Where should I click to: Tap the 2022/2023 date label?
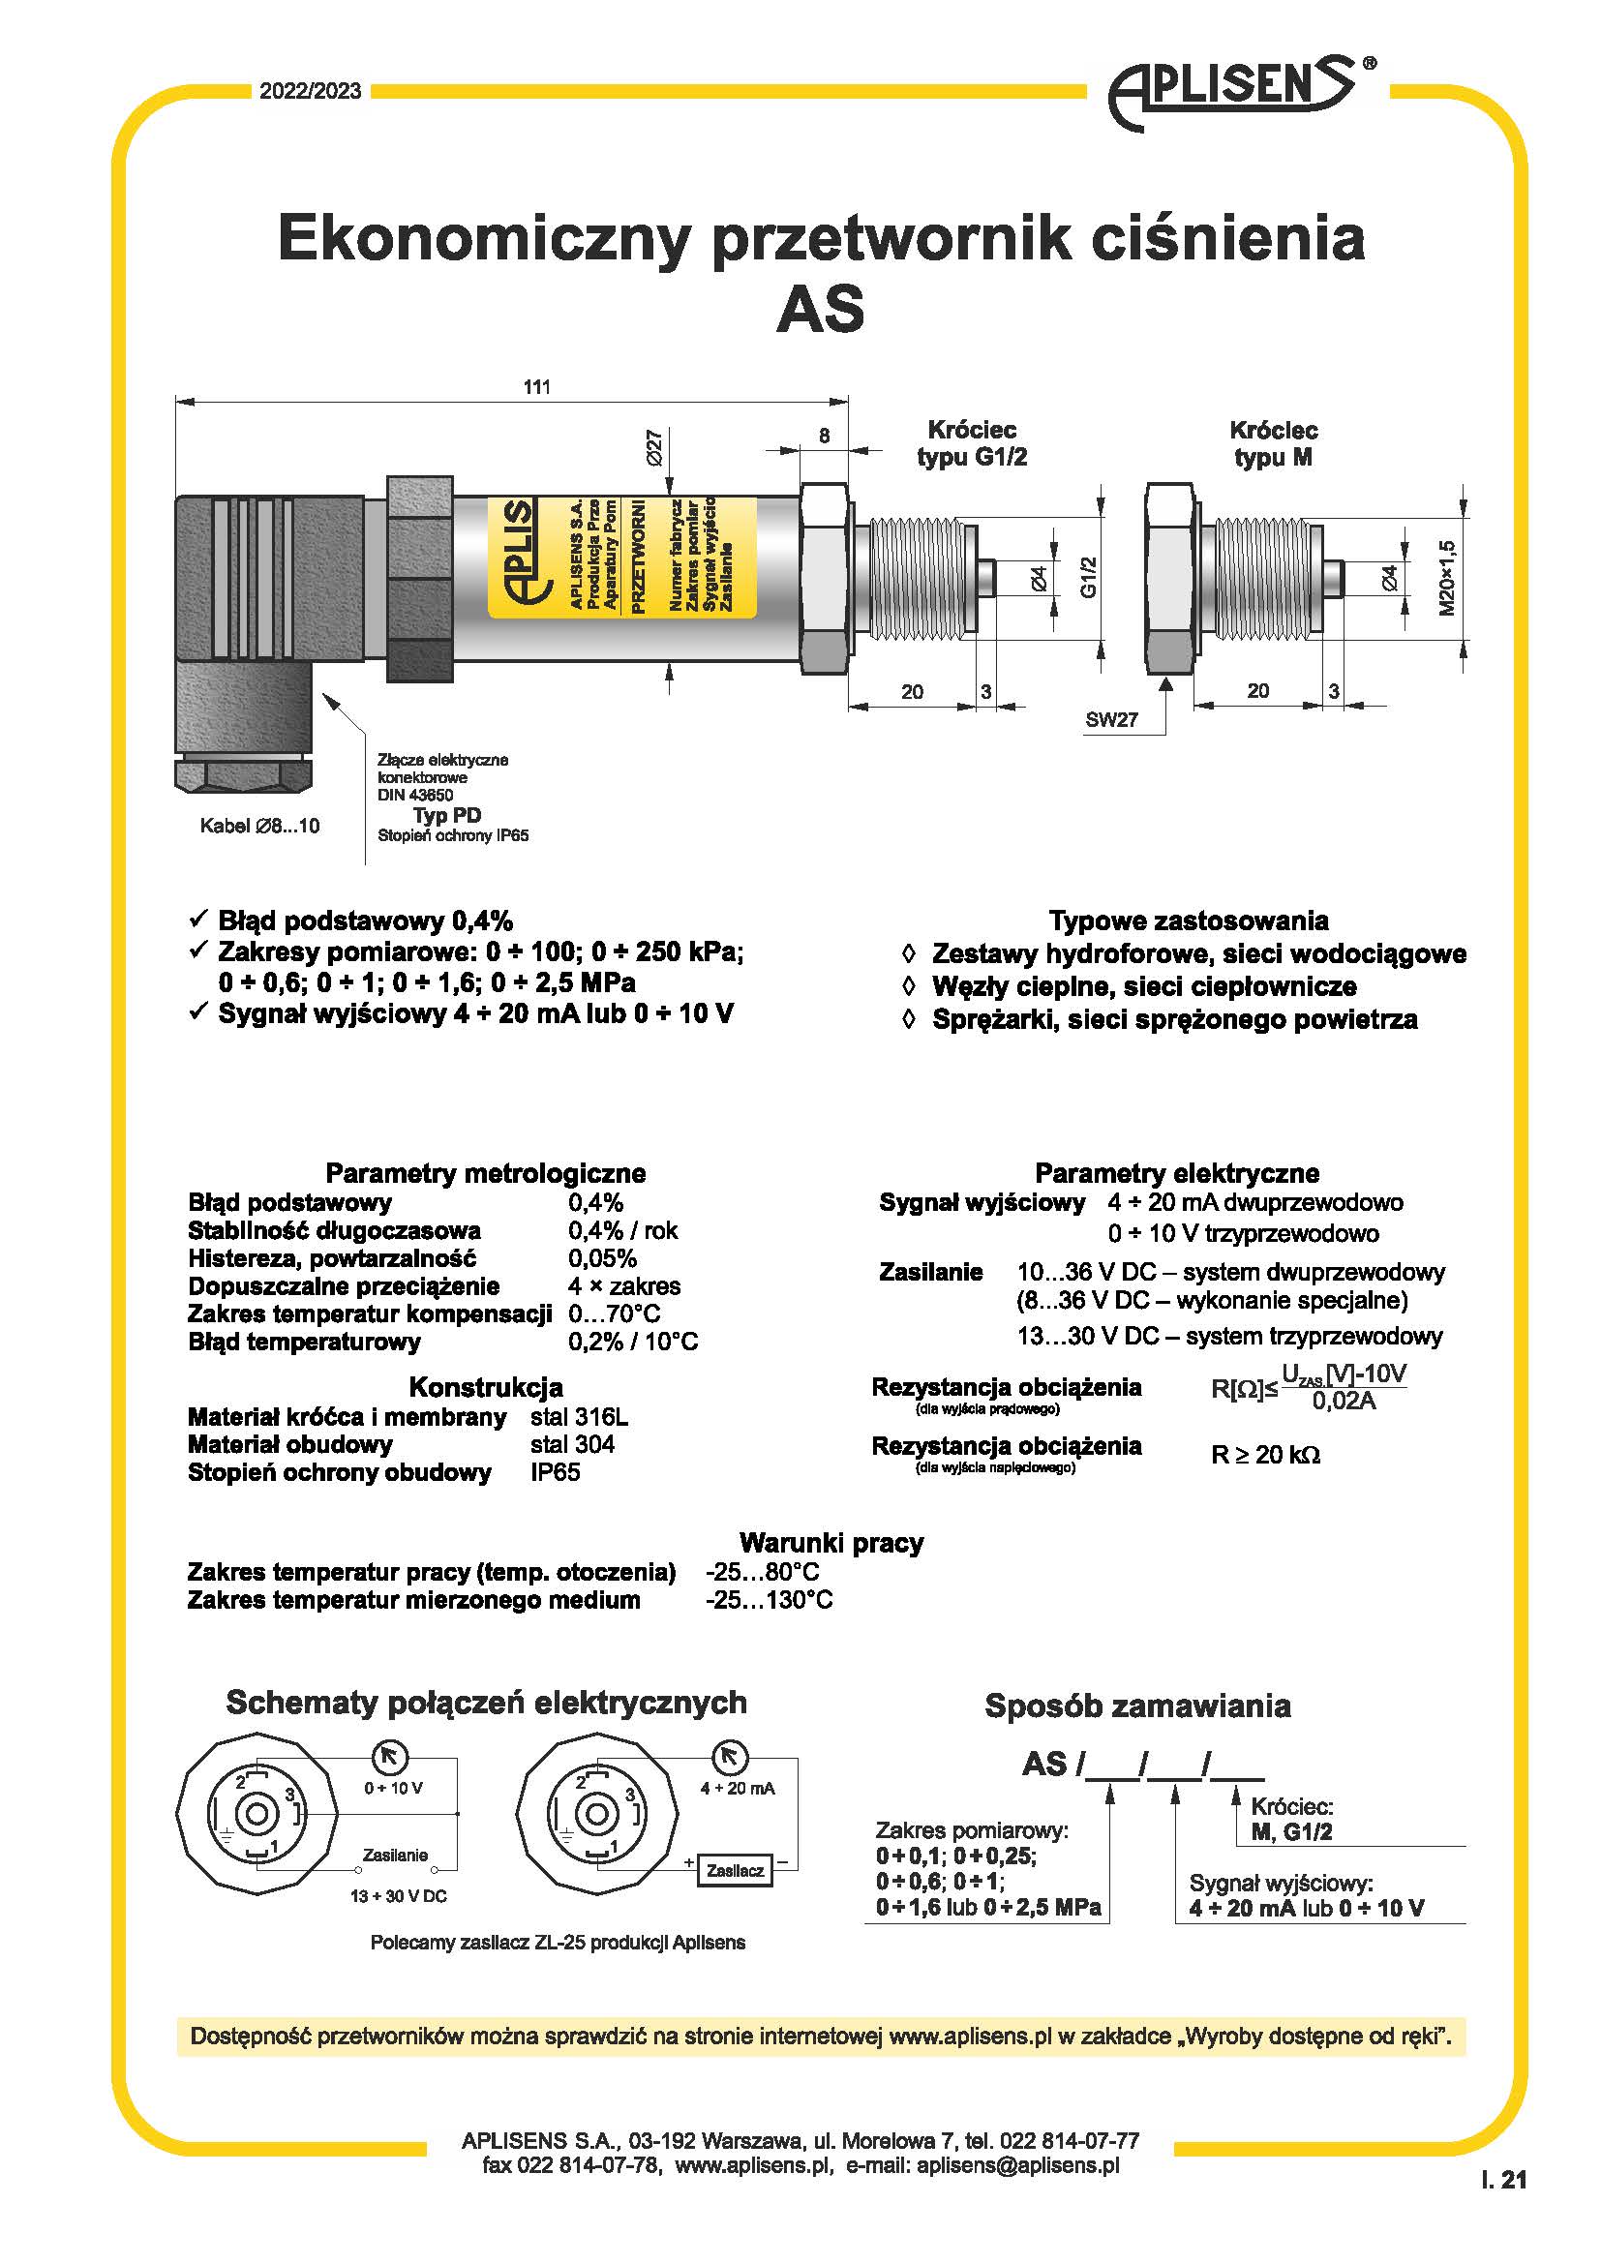pyautogui.click(x=311, y=92)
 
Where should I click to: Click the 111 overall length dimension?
pyautogui.click(x=536, y=386)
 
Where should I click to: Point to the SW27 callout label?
pyautogui.click(x=1111, y=720)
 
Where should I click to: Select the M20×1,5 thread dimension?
pyautogui.click(x=1446, y=578)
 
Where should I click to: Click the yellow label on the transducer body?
pyautogui.click(x=622, y=558)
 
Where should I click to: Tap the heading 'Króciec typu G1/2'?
pyautogui.click(x=971, y=443)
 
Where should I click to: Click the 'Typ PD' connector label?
pyautogui.click(x=446, y=814)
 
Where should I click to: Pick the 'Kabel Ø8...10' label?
pyautogui.click(x=259, y=827)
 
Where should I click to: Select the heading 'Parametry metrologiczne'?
pyautogui.click(x=485, y=1173)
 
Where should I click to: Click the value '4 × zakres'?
pyautogui.click(x=624, y=1285)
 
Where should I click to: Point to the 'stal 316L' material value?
pyautogui.click(x=579, y=1417)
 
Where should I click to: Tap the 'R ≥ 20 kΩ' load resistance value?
pyautogui.click(x=1265, y=1456)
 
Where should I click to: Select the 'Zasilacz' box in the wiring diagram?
pyautogui.click(x=736, y=1870)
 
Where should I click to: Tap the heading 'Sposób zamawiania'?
pyautogui.click(x=1136, y=1706)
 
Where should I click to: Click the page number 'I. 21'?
pyautogui.click(x=1503, y=2180)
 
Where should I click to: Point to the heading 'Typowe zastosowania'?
pyautogui.click(x=1188, y=921)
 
